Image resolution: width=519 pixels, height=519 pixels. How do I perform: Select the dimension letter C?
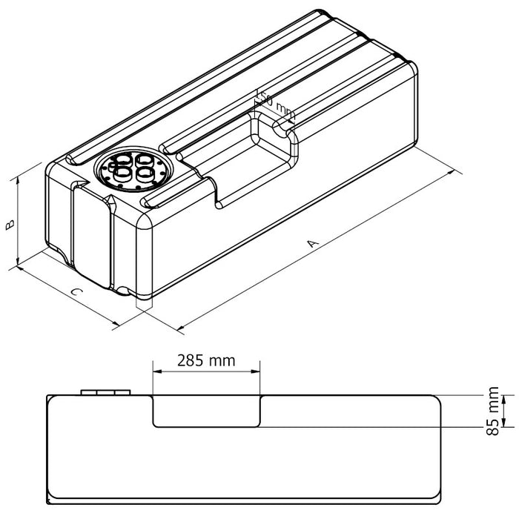click(76, 291)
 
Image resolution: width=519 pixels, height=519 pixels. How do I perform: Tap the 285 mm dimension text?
click(206, 360)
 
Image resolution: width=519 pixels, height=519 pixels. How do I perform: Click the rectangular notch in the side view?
click(207, 411)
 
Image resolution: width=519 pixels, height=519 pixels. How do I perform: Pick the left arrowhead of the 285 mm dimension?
click(156, 371)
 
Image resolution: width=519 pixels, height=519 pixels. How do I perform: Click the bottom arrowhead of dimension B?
click(16, 263)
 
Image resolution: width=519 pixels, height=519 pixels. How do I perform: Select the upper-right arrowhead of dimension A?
click(453, 173)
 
